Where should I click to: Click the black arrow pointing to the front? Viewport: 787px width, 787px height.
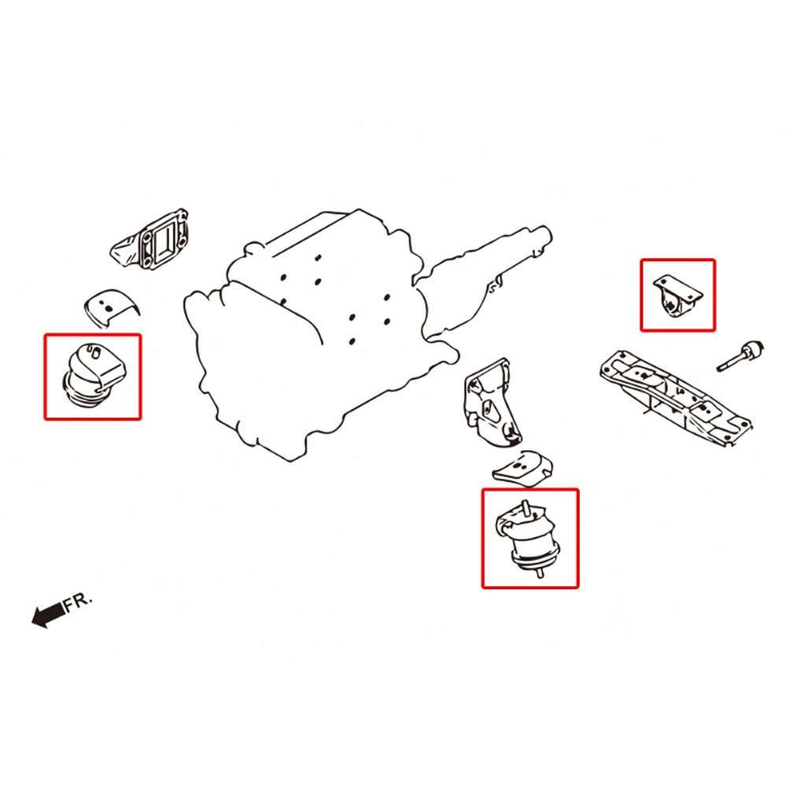(49, 614)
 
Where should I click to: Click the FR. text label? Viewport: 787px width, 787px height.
(79, 602)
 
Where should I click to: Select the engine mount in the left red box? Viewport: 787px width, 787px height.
(95, 375)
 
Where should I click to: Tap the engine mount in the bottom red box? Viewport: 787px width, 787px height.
(528, 539)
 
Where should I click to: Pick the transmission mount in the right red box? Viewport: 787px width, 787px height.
(677, 294)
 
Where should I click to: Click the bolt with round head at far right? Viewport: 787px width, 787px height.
(741, 355)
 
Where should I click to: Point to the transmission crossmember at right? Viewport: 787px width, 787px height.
(675, 397)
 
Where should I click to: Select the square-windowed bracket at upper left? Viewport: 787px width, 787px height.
(151, 239)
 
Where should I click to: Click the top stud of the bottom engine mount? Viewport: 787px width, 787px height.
(525, 507)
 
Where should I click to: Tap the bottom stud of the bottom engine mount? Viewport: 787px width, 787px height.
(540, 571)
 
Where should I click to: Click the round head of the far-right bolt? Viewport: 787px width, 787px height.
(753, 349)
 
